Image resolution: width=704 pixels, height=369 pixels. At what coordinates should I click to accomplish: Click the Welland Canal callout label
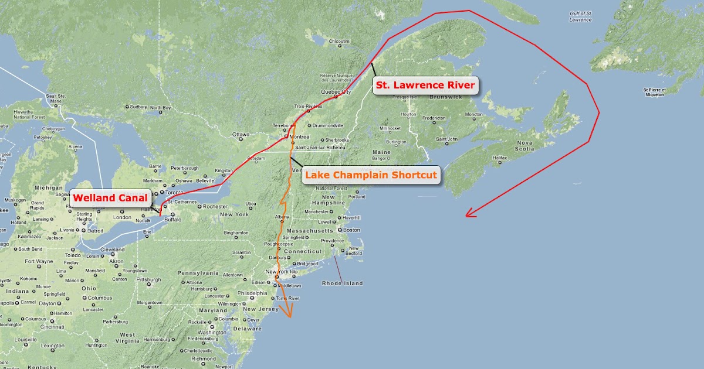pyautogui.click(x=109, y=198)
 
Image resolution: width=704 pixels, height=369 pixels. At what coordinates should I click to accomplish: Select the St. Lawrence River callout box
pyautogui.click(x=425, y=86)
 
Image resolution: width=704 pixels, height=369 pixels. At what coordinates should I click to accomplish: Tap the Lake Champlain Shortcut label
pyautogui.click(x=371, y=175)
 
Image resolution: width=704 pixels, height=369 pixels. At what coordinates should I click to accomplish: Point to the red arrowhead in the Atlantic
pyautogui.click(x=469, y=214)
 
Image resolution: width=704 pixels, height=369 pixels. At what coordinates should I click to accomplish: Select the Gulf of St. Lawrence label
pyautogui.click(x=580, y=16)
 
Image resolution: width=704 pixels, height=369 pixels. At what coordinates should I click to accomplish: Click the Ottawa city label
pyautogui.click(x=241, y=135)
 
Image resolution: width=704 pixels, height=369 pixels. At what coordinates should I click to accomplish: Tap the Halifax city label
pyautogui.click(x=499, y=158)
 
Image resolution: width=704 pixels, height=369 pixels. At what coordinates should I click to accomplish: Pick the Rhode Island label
pyautogui.click(x=343, y=283)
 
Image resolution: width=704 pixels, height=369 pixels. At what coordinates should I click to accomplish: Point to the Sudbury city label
pyautogui.click(x=138, y=107)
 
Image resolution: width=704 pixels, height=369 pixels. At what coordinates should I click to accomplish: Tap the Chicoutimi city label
pyautogui.click(x=339, y=41)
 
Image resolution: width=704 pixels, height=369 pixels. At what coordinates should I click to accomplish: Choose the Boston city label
pyautogui.click(x=351, y=230)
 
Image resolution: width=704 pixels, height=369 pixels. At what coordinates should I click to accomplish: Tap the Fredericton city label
pyautogui.click(x=435, y=118)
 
